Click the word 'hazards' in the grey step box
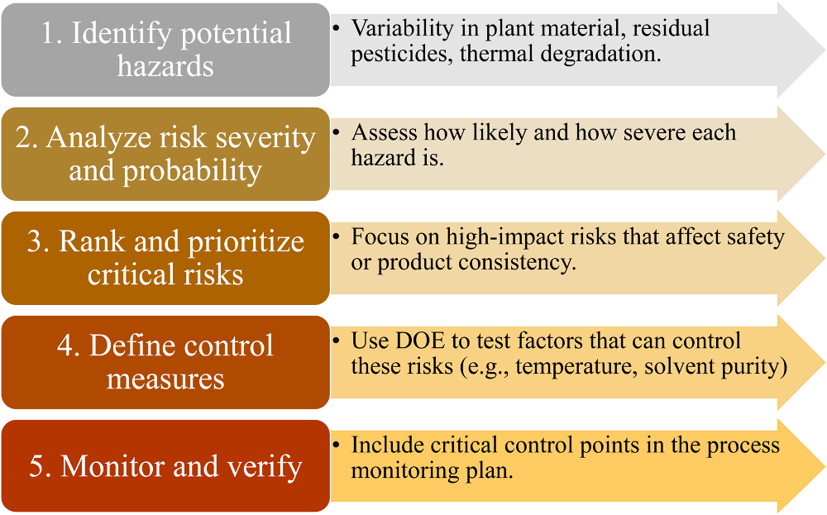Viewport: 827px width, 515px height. point(165,66)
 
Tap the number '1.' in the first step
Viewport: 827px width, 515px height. point(51,33)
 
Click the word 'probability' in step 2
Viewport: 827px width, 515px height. point(192,171)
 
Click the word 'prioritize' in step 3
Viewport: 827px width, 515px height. point(246,242)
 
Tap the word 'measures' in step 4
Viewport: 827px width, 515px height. point(165,379)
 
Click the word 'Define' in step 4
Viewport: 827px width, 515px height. point(129,346)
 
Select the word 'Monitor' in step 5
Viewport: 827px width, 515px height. point(112,466)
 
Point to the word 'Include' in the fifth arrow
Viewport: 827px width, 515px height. point(388,446)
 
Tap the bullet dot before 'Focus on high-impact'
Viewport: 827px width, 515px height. point(337,237)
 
